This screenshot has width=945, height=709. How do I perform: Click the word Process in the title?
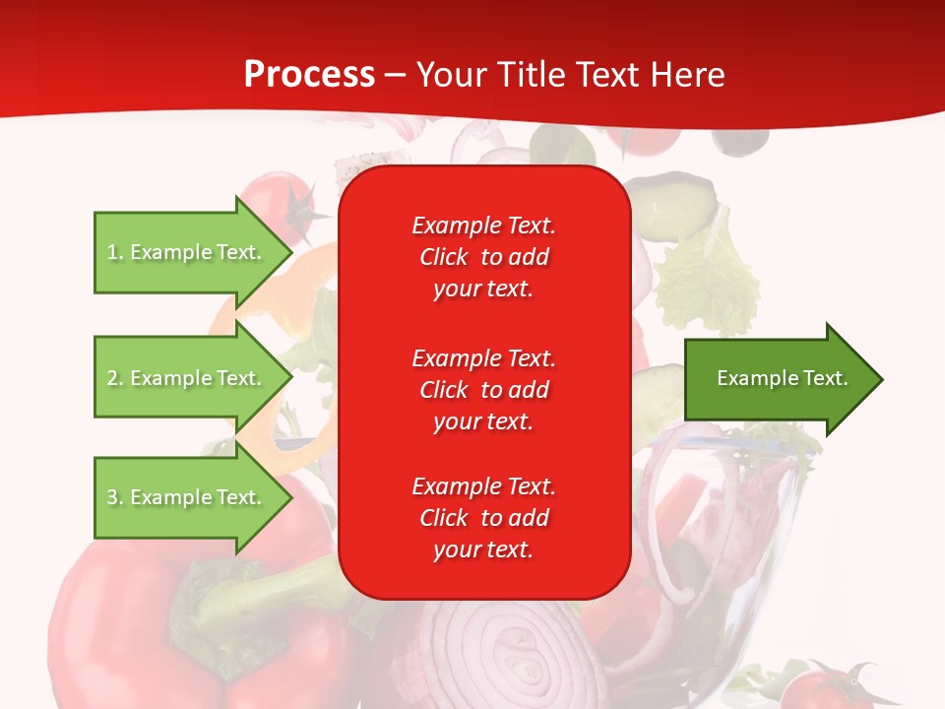[x=309, y=75]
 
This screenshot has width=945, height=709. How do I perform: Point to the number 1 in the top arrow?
[x=112, y=253]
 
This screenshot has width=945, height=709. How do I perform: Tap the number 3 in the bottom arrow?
[x=112, y=498]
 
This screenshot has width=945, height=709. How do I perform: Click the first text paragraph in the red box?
[x=483, y=257]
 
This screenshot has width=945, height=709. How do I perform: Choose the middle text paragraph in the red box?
[x=483, y=390]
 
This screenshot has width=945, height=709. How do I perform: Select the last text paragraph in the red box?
[x=483, y=518]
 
